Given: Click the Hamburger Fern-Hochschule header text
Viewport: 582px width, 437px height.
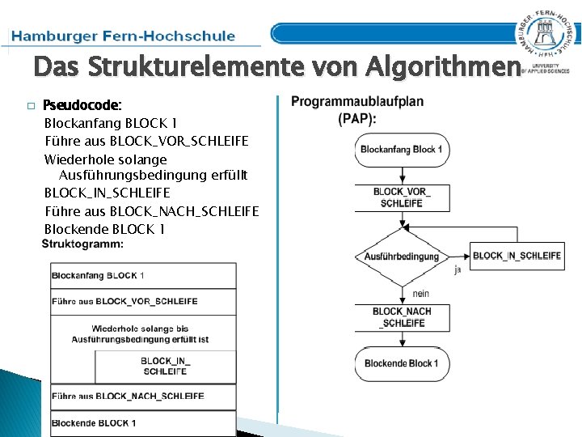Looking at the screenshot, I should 124,36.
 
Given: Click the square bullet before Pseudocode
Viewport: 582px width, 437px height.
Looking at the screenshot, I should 31,106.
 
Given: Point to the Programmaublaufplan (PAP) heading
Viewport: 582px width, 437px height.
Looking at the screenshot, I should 356,109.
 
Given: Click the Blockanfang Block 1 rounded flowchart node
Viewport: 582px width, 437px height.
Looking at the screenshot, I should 401,150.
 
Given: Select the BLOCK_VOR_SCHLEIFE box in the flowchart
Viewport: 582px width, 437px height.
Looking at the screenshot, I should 402,197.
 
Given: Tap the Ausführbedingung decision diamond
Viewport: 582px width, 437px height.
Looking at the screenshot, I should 402,257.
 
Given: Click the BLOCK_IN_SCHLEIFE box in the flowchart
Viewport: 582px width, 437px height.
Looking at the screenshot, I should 517,256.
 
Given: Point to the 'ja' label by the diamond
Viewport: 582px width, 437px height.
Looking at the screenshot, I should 458,269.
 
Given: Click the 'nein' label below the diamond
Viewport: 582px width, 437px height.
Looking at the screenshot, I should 420,293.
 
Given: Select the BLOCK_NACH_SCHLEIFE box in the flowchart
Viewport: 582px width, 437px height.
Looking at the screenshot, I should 402,317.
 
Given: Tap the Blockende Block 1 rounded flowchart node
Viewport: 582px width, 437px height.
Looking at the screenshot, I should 401,363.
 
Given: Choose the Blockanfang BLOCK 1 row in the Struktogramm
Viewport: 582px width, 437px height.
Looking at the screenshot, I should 143,275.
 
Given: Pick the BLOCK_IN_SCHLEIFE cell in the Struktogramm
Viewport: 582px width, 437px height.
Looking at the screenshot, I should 165,366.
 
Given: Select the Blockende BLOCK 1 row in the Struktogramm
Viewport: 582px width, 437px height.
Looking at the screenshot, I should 143,422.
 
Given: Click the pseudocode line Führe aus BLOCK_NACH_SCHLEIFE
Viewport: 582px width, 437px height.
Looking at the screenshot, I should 152,211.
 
